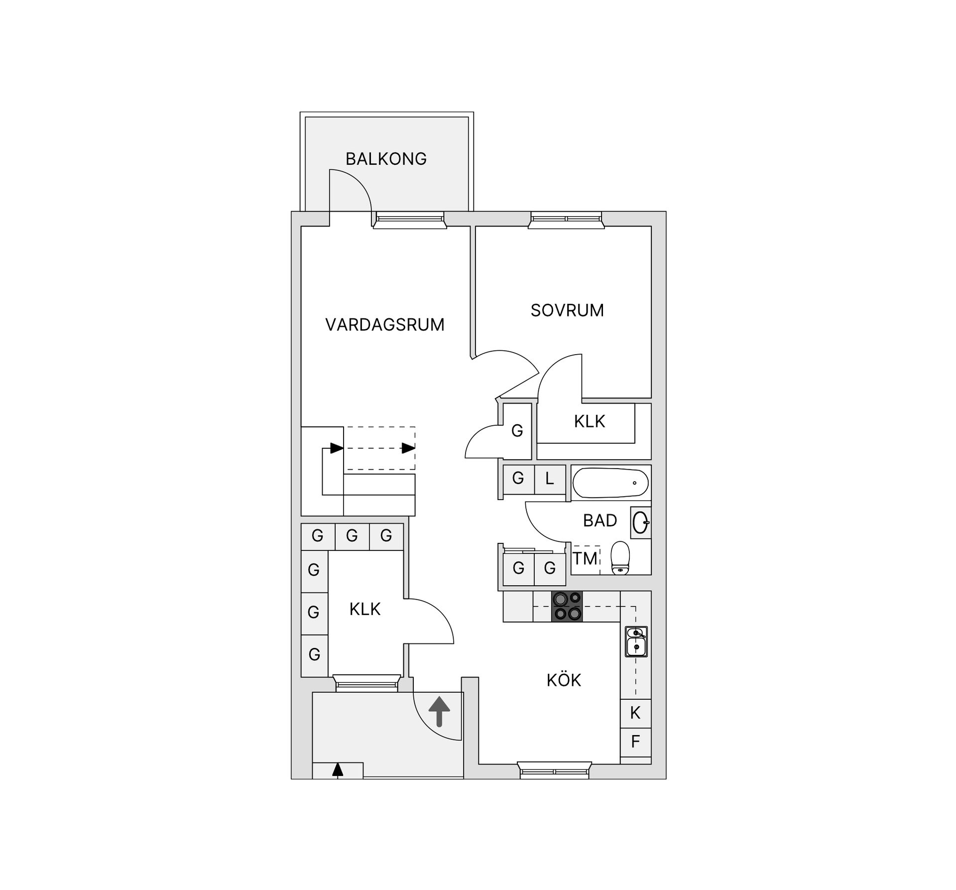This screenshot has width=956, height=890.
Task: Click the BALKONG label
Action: click(x=386, y=159)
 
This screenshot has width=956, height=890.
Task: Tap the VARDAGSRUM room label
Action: click(x=384, y=325)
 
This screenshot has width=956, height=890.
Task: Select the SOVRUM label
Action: click(x=567, y=310)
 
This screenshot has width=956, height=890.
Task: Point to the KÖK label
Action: click(x=564, y=680)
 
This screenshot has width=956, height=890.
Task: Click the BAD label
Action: click(x=600, y=520)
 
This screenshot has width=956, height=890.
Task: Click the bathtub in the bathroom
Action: click(x=610, y=483)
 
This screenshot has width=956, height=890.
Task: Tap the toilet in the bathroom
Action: click(x=620, y=558)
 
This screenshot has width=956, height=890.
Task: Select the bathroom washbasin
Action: click(x=640, y=522)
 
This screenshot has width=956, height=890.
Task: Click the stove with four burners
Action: click(x=567, y=606)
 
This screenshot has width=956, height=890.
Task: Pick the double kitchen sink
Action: click(x=636, y=641)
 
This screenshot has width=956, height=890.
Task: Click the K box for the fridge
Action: click(x=635, y=713)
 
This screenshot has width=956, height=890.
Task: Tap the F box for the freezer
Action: click(x=635, y=742)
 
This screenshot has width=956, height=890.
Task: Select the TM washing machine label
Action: click(x=585, y=559)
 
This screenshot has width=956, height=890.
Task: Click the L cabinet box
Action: click(x=550, y=479)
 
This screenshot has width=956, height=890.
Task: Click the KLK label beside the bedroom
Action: click(x=589, y=422)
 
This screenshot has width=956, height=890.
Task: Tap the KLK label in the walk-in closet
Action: click(x=364, y=609)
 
